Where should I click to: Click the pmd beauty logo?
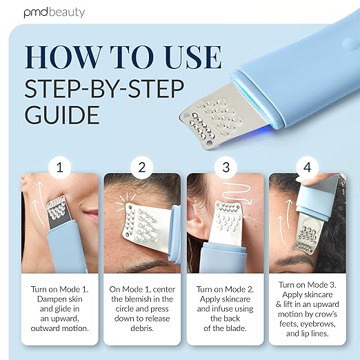(x=54, y=12)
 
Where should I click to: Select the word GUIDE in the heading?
(x=62, y=114)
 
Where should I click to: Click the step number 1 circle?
(x=60, y=167)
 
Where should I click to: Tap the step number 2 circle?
(x=142, y=167)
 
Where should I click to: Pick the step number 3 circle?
(x=226, y=167)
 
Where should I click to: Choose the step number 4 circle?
(x=308, y=167)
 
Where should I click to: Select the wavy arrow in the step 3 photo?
(x=237, y=192)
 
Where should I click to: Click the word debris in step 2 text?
(x=142, y=328)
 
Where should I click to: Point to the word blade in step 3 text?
(x=237, y=328)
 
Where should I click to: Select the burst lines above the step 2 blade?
(x=126, y=201)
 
